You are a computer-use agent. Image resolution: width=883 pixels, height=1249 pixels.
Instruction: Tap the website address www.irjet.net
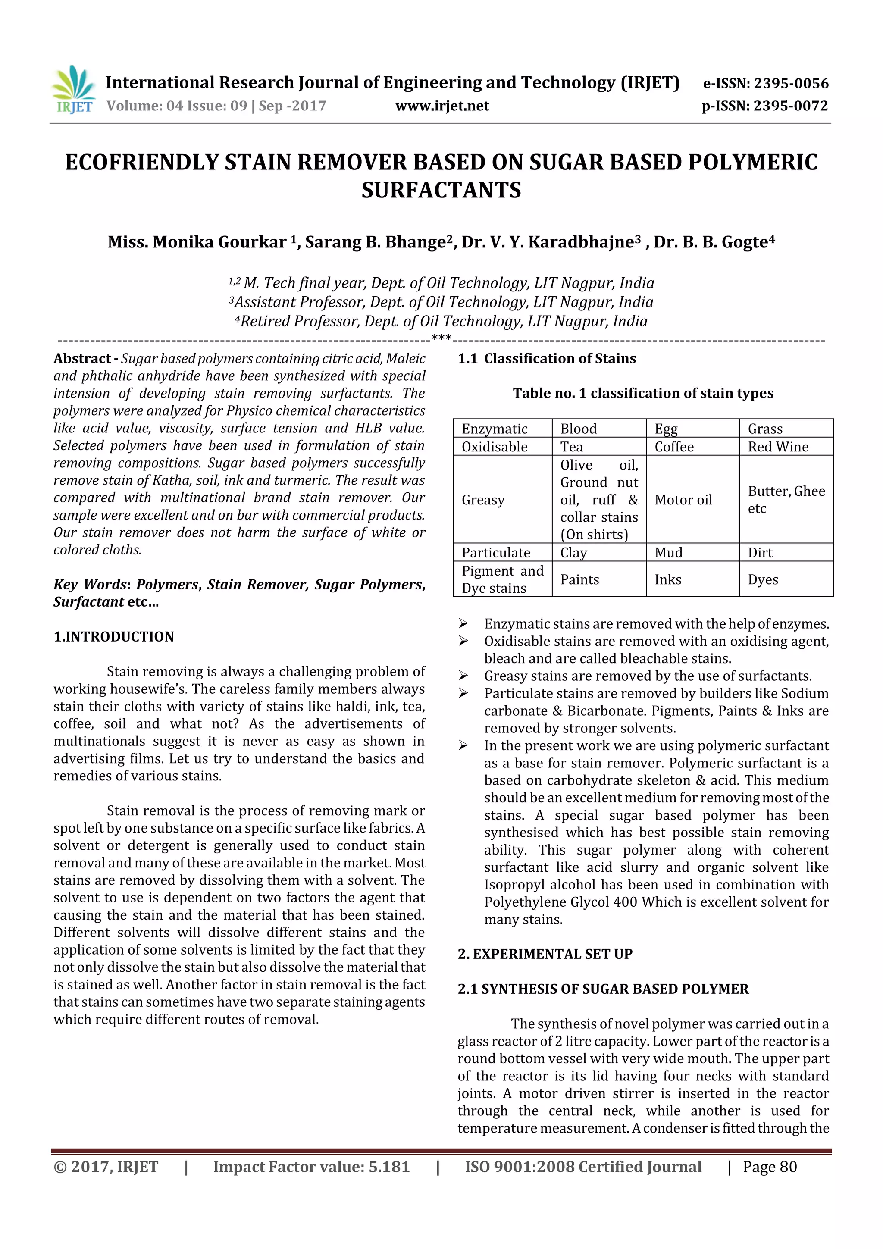[442, 106]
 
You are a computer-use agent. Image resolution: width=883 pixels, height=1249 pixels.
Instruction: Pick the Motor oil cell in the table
[683, 500]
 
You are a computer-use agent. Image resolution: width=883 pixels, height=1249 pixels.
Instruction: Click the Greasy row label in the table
[483, 500]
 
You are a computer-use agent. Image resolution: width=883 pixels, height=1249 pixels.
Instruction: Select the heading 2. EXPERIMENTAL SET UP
[545, 954]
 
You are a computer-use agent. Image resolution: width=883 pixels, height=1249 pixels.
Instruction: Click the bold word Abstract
[82, 358]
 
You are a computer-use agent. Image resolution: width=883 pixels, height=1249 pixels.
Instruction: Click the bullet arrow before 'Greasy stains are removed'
[463, 676]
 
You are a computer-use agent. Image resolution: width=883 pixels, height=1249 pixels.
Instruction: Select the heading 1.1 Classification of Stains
[546, 358]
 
